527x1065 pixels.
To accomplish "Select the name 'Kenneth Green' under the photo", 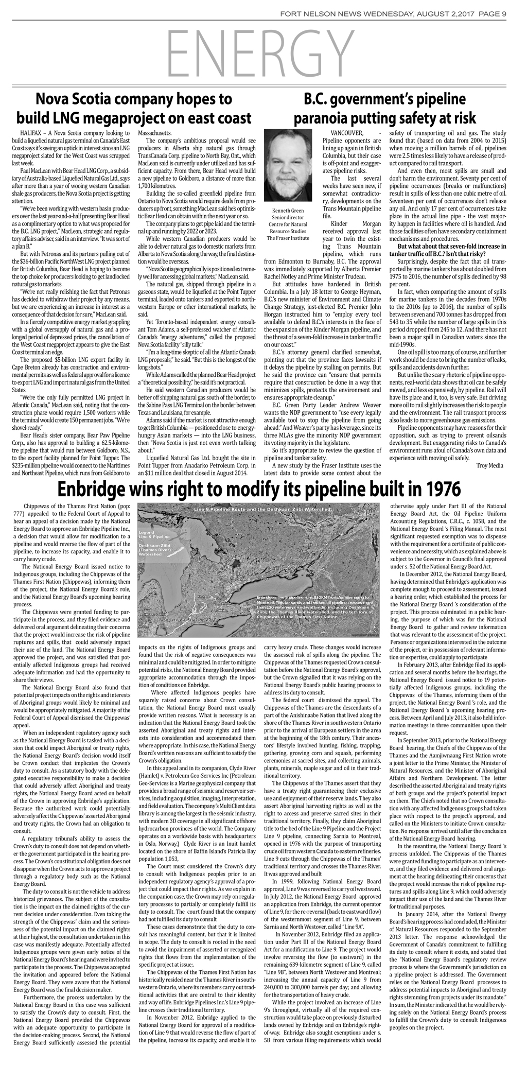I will click(x=288, y=211).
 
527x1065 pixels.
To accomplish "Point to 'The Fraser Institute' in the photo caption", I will click(x=288, y=238).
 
